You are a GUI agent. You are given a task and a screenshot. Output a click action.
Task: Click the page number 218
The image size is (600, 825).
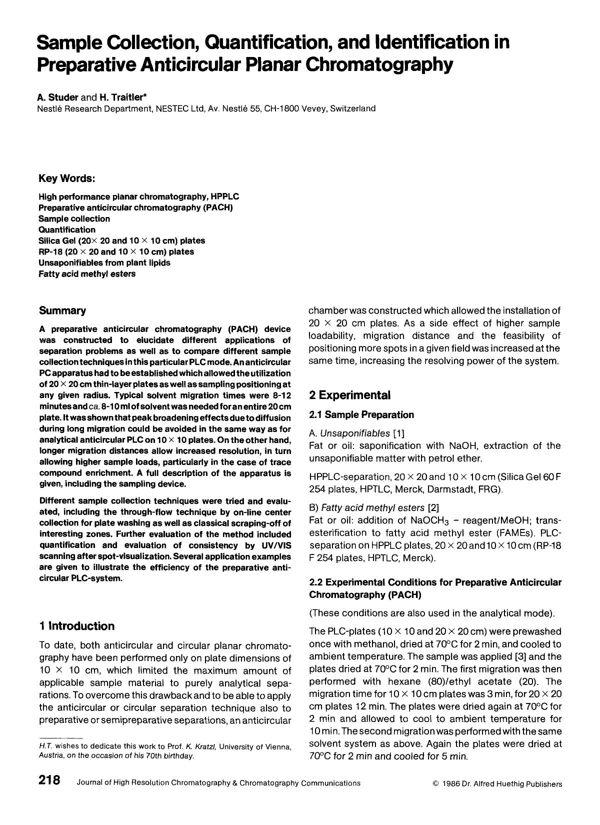tap(49, 780)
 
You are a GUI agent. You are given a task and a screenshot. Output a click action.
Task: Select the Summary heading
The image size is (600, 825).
tap(62, 310)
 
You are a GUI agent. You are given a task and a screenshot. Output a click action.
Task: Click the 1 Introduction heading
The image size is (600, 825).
tap(76, 626)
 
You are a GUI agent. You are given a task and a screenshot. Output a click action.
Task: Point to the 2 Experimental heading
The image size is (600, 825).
tap(349, 395)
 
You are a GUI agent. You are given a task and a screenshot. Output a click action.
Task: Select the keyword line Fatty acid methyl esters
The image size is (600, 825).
tap(87, 274)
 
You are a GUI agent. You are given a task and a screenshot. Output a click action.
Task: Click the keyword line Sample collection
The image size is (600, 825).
tap(74, 218)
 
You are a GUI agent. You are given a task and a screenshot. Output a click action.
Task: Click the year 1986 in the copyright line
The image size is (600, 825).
tap(451, 784)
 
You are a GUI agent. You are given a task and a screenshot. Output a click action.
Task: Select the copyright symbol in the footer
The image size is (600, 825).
tap(435, 784)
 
